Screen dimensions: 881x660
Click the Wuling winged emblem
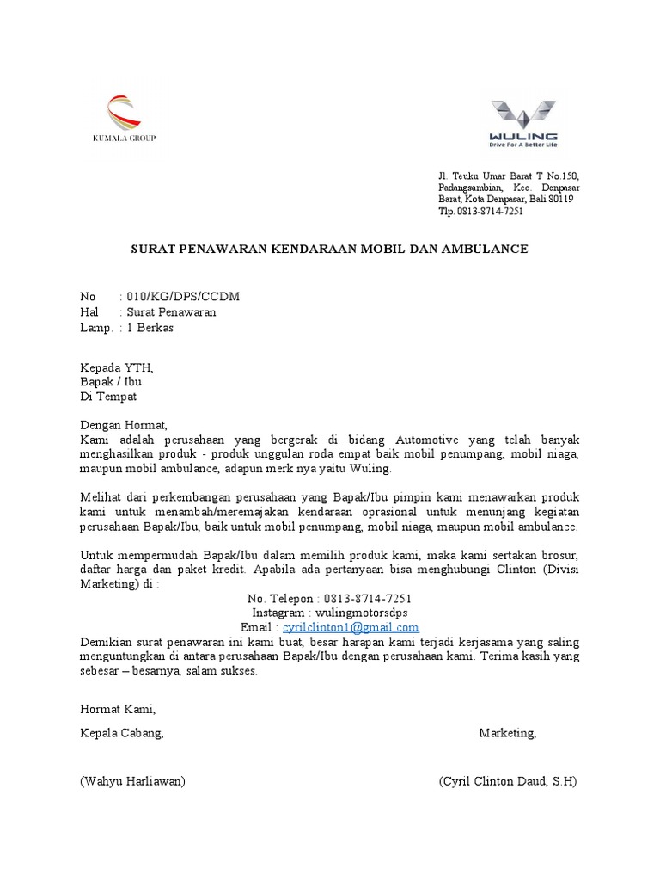point(522,115)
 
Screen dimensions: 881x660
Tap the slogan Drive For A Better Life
point(523,145)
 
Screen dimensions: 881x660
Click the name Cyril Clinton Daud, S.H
point(508,781)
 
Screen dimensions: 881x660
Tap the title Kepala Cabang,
point(121,733)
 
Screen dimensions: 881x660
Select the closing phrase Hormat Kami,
point(118,710)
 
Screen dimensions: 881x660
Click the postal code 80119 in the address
point(559,199)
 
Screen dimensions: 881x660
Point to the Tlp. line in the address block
point(480,211)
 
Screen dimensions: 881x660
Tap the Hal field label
point(89,312)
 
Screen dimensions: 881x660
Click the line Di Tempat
point(107,397)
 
